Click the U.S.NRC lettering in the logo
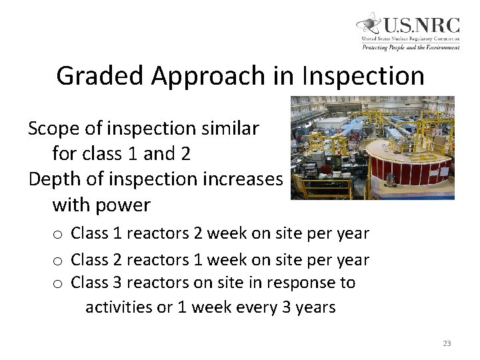(x=420, y=25)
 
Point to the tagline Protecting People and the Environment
(x=411, y=47)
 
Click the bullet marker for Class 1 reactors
(x=58, y=235)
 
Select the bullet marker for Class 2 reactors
(x=58, y=259)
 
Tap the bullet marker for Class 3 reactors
(x=58, y=283)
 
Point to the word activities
(x=119, y=307)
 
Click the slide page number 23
(x=447, y=343)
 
